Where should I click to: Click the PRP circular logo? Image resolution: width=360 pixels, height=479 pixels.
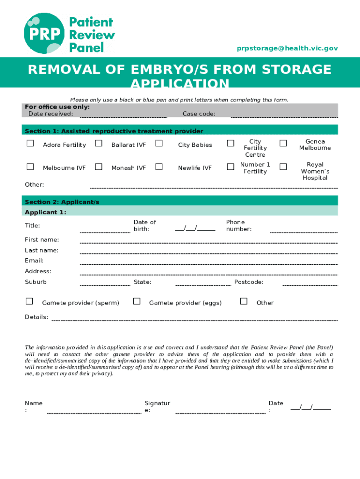[x=45, y=33]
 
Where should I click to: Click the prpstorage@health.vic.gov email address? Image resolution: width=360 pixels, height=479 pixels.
[x=287, y=48]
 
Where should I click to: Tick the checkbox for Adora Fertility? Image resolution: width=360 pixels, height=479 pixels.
[x=30, y=144]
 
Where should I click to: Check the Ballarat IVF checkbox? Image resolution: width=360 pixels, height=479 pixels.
[x=99, y=144]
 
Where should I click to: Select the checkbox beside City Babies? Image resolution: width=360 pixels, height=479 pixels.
[x=159, y=144]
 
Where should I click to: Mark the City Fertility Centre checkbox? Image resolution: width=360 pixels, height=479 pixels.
[x=230, y=144]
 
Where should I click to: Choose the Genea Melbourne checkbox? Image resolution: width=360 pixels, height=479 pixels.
[x=283, y=144]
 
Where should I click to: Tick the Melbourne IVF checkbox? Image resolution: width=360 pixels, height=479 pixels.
[x=30, y=167]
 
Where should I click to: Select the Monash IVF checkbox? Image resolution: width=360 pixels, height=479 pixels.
[x=99, y=167]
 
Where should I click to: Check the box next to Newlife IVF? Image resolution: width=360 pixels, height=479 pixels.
[x=159, y=167]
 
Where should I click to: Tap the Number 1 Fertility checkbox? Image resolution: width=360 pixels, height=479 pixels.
[x=230, y=167]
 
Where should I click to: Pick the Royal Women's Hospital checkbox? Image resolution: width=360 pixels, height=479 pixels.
[x=283, y=167]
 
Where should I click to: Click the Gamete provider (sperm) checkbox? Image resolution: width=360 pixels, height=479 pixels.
[x=29, y=301]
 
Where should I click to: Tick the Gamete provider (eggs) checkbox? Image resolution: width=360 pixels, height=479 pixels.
[x=137, y=301]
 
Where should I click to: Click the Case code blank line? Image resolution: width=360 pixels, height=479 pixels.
[x=284, y=116]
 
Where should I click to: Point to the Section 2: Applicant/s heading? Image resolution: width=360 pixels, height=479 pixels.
[x=62, y=202]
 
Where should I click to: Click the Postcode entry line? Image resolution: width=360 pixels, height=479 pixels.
[x=310, y=284]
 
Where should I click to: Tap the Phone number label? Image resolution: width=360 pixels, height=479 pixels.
[x=239, y=225]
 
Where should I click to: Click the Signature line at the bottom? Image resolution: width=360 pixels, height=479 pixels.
[x=220, y=412]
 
